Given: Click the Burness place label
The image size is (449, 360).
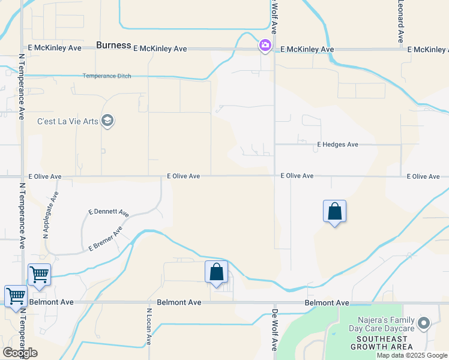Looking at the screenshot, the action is [114, 45].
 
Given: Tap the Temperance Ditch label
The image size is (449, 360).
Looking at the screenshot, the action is [107, 76].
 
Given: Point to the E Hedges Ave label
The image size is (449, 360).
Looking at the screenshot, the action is [337, 145].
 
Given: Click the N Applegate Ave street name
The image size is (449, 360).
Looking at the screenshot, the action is [50, 215].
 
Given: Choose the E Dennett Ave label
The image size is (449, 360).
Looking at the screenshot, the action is [109, 212].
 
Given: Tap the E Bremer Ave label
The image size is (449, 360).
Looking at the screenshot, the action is [105, 238].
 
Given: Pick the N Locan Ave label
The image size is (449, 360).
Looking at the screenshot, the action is [148, 327].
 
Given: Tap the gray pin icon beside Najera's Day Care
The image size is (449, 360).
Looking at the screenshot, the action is [424, 324].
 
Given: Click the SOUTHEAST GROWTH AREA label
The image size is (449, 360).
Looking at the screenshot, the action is [382, 343].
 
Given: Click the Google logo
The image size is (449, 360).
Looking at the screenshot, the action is [20, 353].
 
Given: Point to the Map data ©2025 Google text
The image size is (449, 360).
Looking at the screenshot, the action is [412, 355].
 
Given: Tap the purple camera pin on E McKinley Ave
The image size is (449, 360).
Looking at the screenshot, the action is [265, 46].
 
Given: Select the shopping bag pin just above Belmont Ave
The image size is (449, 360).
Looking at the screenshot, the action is [217, 272].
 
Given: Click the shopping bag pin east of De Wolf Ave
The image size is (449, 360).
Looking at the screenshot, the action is [335, 212].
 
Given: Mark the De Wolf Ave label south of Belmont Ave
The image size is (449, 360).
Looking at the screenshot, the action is [275, 329].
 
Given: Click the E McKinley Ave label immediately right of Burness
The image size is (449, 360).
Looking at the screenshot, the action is [160, 49].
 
